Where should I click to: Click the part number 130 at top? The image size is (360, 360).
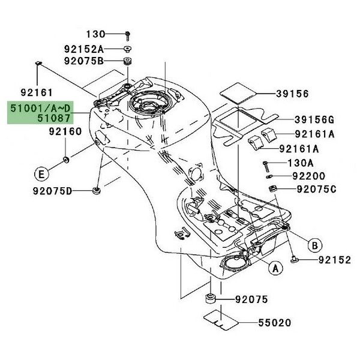(x=94, y=34)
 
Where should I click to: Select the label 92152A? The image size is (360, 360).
(x=84, y=48)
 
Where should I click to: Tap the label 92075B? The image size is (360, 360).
(x=84, y=61)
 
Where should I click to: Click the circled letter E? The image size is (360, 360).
(x=41, y=175)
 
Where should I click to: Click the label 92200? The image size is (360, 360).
(x=308, y=176)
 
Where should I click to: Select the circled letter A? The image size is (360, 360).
(x=274, y=268)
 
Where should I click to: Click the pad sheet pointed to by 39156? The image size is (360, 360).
(x=238, y=92)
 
